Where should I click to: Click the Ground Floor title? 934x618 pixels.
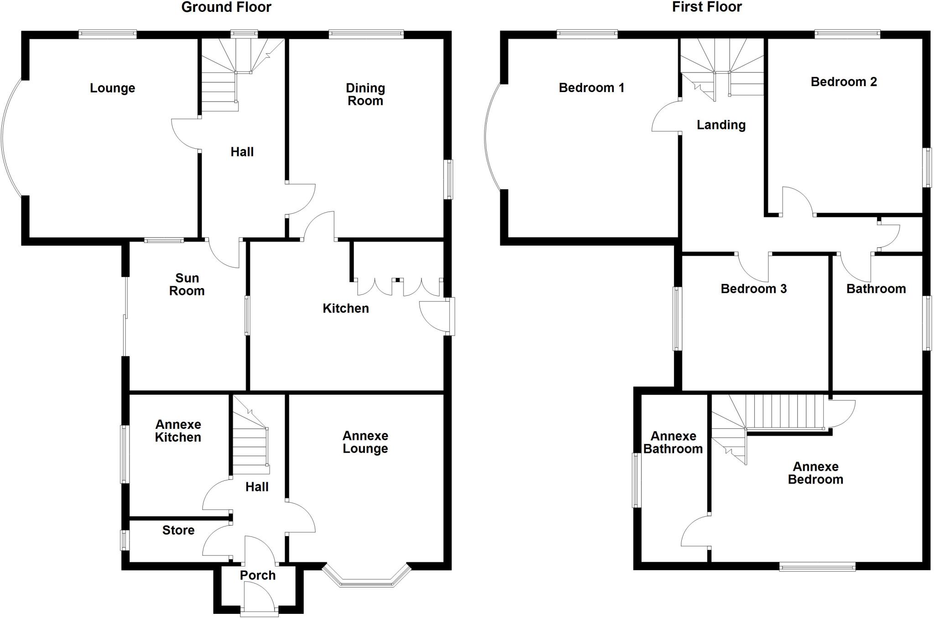pos(226,7)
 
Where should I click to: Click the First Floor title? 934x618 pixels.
pos(707,7)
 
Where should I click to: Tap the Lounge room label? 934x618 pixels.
pos(112,88)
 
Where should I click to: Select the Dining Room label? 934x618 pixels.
pos(365,94)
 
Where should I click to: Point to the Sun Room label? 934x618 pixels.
pos(187,284)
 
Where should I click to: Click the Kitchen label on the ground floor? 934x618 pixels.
pos(346,309)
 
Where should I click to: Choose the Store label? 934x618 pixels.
pos(178,530)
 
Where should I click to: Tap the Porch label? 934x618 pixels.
pos(258,575)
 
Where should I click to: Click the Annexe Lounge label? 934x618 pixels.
pos(365,442)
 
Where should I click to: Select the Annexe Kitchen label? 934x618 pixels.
pos(178,431)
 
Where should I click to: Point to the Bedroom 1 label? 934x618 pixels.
pos(592,88)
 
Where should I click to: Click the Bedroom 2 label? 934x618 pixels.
pos(844,82)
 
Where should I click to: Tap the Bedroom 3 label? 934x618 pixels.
pos(753,288)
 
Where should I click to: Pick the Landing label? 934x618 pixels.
pos(721,125)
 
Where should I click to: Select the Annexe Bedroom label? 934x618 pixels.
pos(815,473)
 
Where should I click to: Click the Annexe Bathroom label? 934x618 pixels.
pos(673,443)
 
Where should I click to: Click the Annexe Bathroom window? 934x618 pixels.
pos(636,480)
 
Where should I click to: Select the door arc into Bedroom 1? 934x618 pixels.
pos(664,117)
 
